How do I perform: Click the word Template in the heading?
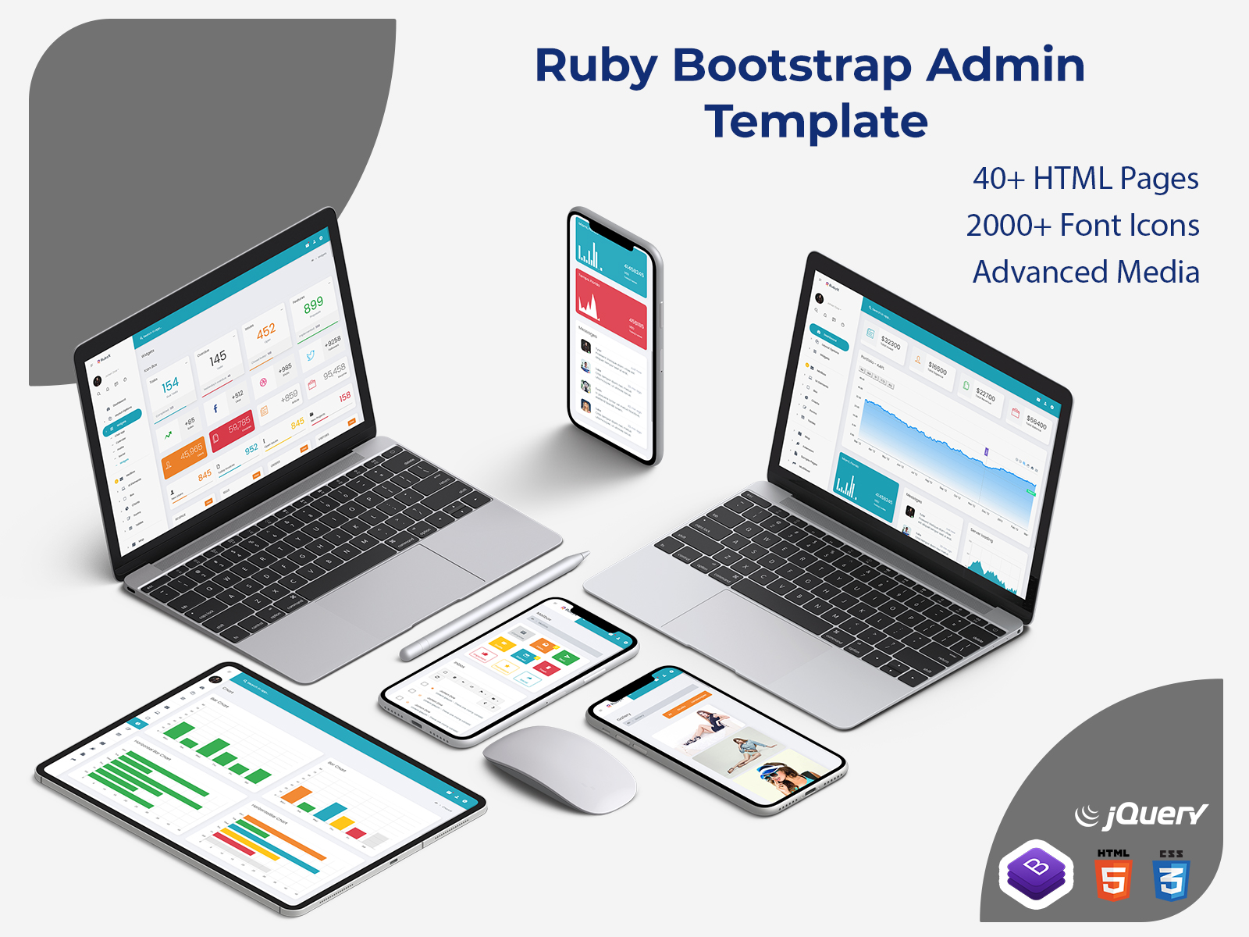coord(816,122)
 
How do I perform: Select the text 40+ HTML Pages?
coord(1085,179)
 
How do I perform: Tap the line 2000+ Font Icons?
coord(1082,226)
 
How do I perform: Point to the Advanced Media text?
coord(1085,273)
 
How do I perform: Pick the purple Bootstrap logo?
coord(1036,874)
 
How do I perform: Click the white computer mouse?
coord(560,768)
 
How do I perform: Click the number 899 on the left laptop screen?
coord(313,305)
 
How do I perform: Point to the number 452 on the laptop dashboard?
coord(265,331)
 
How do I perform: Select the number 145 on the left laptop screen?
coord(217,360)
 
